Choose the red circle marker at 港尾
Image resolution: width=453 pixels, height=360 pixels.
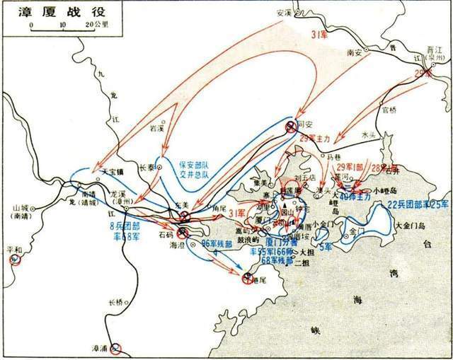point(248,278)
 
